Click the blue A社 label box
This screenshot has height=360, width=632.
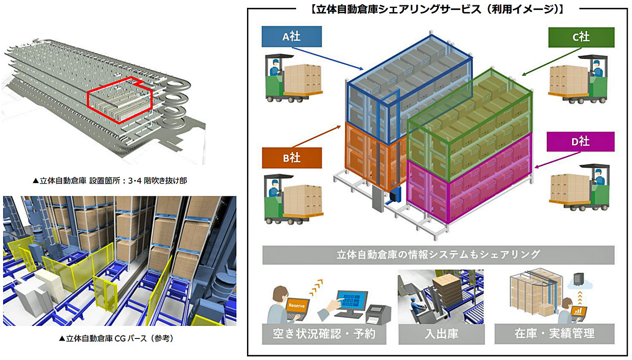[x=291, y=36]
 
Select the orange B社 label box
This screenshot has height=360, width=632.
[x=292, y=158]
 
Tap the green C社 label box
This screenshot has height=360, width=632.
[x=581, y=37]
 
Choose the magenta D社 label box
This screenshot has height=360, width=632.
[x=580, y=142]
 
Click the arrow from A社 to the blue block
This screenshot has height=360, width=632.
[x=328, y=58]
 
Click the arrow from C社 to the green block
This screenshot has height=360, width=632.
[x=551, y=62]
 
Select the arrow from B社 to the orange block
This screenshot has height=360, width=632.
[x=317, y=136]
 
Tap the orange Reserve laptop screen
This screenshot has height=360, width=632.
[x=297, y=306]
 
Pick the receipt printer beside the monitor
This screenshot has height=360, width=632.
[x=378, y=314]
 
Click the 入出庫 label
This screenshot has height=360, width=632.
[x=441, y=334]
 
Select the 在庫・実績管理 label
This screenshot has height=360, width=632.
[x=555, y=334]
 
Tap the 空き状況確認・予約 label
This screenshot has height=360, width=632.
[x=324, y=334]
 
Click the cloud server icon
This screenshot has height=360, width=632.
[x=579, y=282]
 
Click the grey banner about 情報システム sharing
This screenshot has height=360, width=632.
[x=438, y=255]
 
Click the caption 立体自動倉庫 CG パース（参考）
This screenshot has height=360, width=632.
[x=116, y=338]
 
